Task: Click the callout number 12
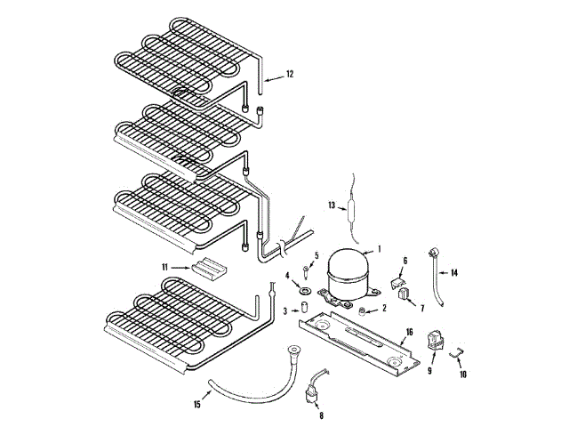(x=288, y=76)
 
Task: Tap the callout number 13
(x=331, y=205)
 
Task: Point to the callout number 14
(x=453, y=272)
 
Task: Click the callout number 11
(x=164, y=267)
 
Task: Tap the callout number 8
(x=321, y=414)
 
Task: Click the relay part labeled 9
(x=436, y=341)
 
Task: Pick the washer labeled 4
(x=304, y=289)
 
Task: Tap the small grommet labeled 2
(x=363, y=309)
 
